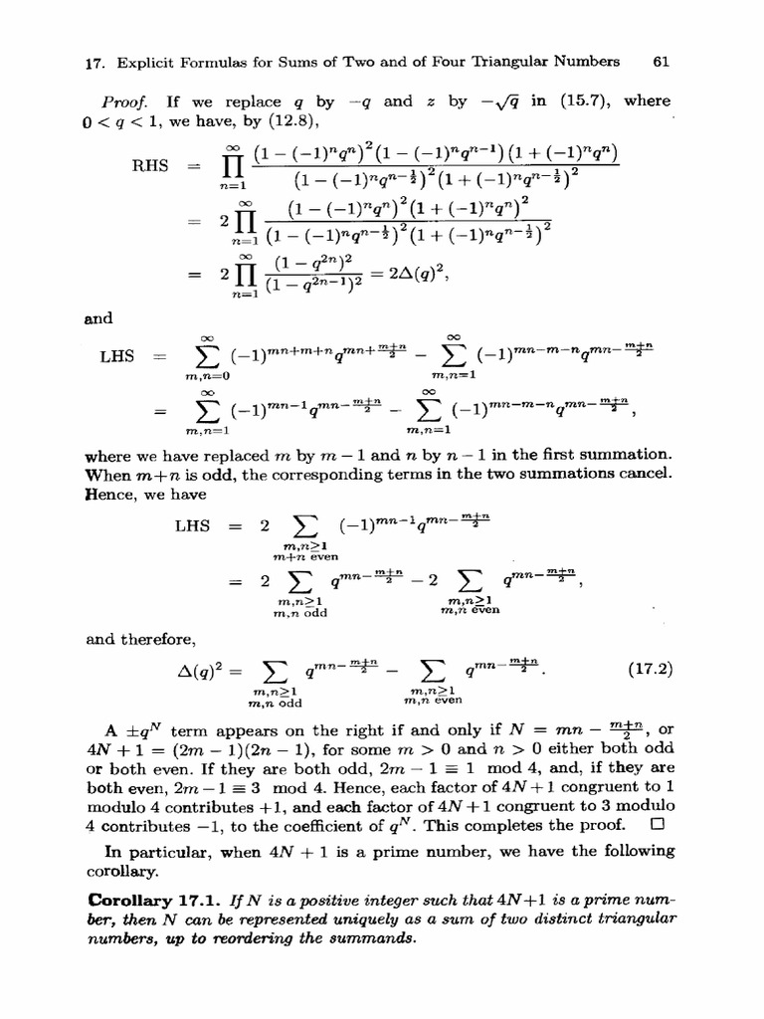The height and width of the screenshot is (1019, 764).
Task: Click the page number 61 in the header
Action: pos(660,62)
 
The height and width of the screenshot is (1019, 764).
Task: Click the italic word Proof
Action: pos(122,102)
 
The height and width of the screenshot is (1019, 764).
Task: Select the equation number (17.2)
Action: pos(651,670)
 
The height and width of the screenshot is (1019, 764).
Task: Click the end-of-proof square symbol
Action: pos(655,825)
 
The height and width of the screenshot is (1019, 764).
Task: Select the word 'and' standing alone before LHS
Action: pos(100,319)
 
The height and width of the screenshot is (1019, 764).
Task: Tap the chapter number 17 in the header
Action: pos(95,62)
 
